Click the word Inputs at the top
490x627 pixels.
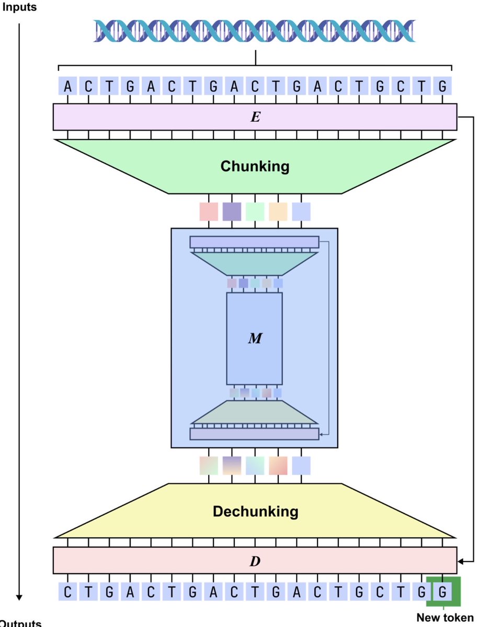click(19, 8)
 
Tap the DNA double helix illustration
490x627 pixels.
click(255, 31)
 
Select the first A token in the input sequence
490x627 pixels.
click(67, 87)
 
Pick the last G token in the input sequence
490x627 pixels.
click(442, 87)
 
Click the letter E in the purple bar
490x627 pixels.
click(255, 117)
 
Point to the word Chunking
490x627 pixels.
click(255, 167)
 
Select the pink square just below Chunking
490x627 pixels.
click(209, 211)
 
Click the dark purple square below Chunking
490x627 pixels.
click(232, 211)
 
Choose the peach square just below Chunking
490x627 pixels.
click(278, 211)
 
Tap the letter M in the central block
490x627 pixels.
click(254, 339)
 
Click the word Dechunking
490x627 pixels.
click(255, 511)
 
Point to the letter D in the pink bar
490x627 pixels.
click(255, 562)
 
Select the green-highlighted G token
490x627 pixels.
click(443, 592)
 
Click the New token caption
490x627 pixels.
click(445, 618)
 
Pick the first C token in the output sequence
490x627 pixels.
click(67, 592)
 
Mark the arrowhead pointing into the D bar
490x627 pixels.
click(461, 562)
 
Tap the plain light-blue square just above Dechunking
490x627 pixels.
click(301, 465)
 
